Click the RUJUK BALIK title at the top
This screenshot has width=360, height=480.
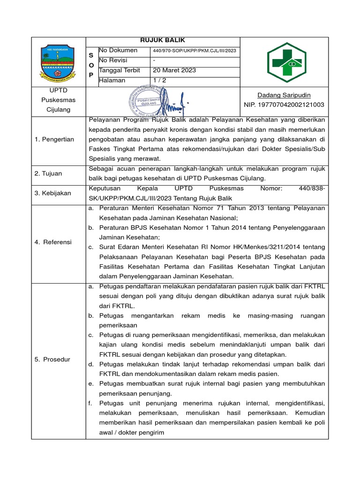(x=162, y=40)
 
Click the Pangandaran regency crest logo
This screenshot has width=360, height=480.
(x=58, y=62)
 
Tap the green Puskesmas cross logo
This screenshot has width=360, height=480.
(x=284, y=62)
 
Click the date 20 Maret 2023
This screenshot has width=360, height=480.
(x=174, y=70)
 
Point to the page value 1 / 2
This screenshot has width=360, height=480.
(x=161, y=80)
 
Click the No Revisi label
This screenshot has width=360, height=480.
(x=113, y=60)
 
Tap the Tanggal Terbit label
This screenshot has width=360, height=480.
(x=119, y=70)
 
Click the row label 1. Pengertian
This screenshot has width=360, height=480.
(x=54, y=139)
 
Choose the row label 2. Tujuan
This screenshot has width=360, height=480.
(x=49, y=173)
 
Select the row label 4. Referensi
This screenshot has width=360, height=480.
(x=53, y=242)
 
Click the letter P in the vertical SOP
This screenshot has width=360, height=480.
(x=91, y=75)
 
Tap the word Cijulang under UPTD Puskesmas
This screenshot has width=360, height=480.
(x=58, y=109)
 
